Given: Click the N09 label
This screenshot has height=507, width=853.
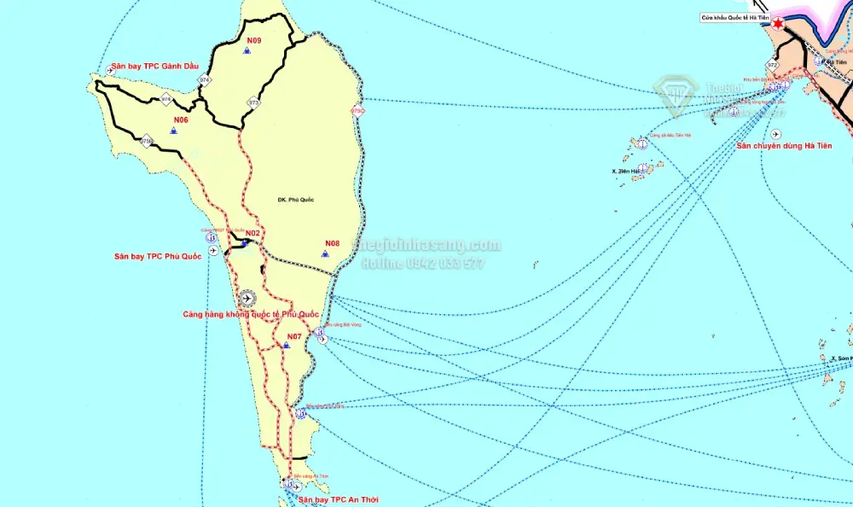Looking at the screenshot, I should pos(254,41).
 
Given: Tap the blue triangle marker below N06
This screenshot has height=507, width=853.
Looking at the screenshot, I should pos(173,131).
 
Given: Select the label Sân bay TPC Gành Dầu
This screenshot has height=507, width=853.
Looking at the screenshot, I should pos(154,67).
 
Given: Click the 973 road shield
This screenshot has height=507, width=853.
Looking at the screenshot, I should pos(253,102).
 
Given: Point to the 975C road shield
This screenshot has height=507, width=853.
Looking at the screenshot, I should pos(357,111).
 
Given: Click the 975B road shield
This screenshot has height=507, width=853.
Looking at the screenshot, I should pos(146,141).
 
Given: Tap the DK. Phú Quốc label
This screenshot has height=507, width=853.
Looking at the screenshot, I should pos(296,200).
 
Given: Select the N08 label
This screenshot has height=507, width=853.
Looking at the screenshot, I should pos(333,243).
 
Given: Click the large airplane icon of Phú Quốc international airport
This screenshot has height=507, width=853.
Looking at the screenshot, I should pos(247,298).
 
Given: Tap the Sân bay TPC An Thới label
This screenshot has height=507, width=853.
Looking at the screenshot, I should pos(339,499).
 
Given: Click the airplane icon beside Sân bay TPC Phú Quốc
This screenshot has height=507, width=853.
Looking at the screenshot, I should pos(212,250).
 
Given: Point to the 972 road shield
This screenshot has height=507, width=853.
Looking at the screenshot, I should pos(772,65).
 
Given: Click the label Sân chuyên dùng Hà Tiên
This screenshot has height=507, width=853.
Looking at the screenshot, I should pos(783,146).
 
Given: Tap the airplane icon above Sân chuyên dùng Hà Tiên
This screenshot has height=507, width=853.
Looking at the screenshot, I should pos(775,134).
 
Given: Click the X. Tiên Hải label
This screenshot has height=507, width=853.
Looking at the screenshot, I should pos(625,171).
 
